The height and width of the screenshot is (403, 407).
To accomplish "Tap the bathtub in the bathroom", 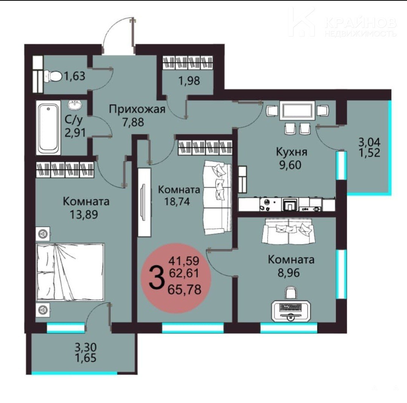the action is (x=49, y=128).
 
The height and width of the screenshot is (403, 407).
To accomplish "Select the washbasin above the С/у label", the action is (x=75, y=105).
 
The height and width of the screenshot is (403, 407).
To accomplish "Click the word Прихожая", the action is (x=137, y=110).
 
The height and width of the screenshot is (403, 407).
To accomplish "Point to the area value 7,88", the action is (x=133, y=122).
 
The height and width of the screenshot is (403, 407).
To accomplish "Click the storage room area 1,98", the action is (x=189, y=81).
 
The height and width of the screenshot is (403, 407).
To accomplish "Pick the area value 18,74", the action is (x=177, y=201).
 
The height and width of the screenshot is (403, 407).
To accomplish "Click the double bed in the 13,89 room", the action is (x=70, y=272).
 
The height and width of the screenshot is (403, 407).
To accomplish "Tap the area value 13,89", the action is (x=84, y=214).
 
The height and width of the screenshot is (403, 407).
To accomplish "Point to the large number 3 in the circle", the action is (x=157, y=278).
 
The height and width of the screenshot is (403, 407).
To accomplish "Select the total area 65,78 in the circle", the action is (x=185, y=289).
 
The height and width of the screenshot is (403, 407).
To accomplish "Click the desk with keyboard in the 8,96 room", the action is (x=291, y=311).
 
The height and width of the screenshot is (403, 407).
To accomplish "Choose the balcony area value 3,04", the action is (x=369, y=142).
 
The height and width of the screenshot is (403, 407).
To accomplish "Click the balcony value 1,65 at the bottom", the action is (x=86, y=358).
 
